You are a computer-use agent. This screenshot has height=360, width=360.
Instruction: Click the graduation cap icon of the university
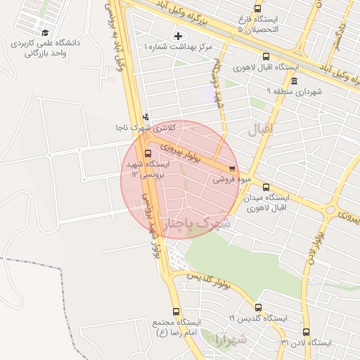coord(45,32)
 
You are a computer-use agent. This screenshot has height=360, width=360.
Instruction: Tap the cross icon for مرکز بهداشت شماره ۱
coord(177,35)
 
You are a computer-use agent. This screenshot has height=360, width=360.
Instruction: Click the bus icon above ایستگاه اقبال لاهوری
coord(265,57)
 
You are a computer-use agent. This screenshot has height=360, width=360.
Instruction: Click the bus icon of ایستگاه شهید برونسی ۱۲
coord(147,153)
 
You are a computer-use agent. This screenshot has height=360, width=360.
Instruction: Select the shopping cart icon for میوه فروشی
coord(233,168)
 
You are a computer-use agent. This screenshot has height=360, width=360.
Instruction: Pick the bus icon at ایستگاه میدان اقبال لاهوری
coord(266,188)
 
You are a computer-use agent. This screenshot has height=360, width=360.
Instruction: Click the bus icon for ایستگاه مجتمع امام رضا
coord(175,311)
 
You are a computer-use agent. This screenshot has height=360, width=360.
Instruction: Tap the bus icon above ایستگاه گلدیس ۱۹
coord(259,307)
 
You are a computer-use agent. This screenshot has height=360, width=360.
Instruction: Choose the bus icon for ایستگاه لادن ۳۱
coord(306,332)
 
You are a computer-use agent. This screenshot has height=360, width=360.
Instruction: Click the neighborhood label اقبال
coord(263,129)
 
